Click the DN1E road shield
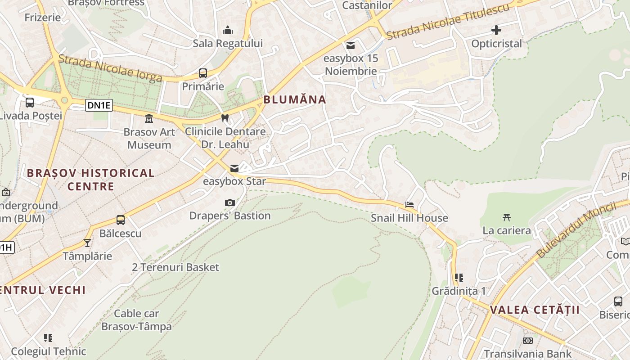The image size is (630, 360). (99, 106)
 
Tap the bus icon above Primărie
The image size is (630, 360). (203, 73)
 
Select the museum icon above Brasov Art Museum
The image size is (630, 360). (148, 119)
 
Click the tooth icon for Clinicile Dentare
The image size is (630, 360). (225, 118)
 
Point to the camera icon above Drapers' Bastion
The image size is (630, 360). (230, 203)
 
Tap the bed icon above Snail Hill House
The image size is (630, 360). (409, 205)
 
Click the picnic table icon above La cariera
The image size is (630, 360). (507, 218)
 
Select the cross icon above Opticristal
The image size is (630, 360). (496, 31)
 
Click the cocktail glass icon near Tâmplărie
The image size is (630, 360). (87, 243)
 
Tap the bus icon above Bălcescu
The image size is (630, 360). (121, 220)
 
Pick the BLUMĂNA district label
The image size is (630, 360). (294, 100)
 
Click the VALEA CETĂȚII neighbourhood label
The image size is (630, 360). (535, 310)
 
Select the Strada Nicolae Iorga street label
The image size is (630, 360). (110, 68)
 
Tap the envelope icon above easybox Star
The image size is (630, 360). (234, 169)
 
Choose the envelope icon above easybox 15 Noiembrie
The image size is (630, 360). (351, 45)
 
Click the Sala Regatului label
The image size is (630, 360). (228, 44)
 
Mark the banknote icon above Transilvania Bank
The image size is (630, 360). (527, 341)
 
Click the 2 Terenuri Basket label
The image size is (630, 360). (175, 267)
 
